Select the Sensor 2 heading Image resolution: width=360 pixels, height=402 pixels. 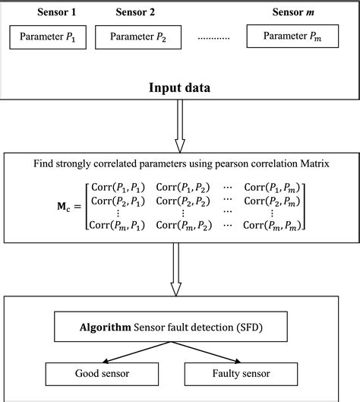click(135, 12)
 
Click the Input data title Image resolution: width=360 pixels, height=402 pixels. click(180, 88)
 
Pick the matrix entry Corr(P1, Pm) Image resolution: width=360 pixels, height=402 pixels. click(273, 186)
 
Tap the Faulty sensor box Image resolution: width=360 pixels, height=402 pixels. click(242, 374)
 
